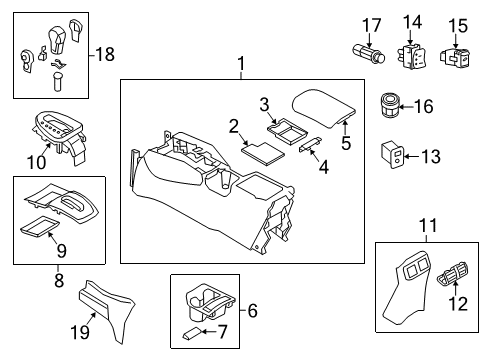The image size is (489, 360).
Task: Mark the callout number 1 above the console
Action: tap(240, 65)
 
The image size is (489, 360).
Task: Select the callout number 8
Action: tap(58, 282)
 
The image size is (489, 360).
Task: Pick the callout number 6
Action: tap(251, 312)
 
